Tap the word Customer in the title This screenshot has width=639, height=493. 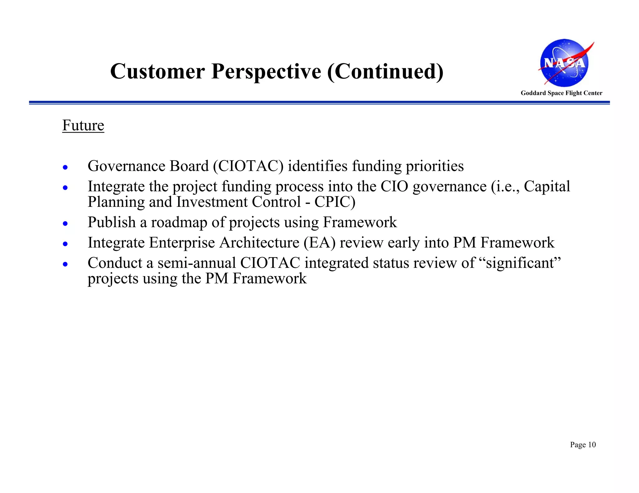157,72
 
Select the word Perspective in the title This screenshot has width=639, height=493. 266,72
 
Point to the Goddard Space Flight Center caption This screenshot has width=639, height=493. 561,93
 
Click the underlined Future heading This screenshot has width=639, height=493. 83,126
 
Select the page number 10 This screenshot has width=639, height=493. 592,445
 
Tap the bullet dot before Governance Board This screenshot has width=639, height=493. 65,167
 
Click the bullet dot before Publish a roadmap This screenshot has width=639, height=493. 65,223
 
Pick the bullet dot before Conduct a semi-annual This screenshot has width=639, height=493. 65,264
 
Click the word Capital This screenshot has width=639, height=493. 547,186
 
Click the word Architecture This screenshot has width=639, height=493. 259,243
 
